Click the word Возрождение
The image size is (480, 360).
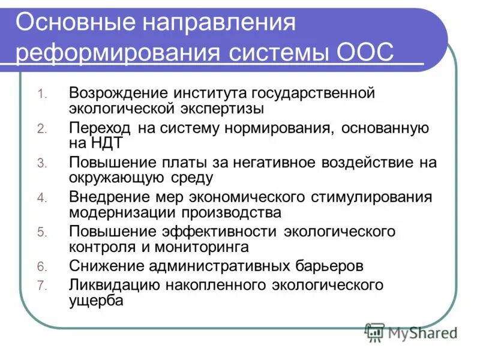click(117, 93)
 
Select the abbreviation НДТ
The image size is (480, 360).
click(107, 144)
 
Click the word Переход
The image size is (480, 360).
click(98, 128)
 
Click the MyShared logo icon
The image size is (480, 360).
click(374, 331)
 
